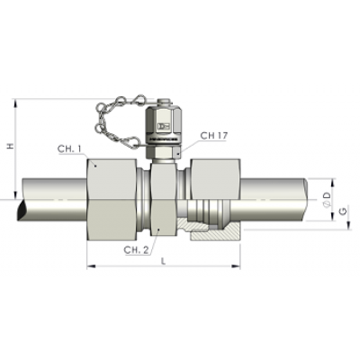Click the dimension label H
tap(10, 148)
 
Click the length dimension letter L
tap(163, 260)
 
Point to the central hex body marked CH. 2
tap(161, 202)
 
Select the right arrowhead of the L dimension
tap(235, 266)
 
